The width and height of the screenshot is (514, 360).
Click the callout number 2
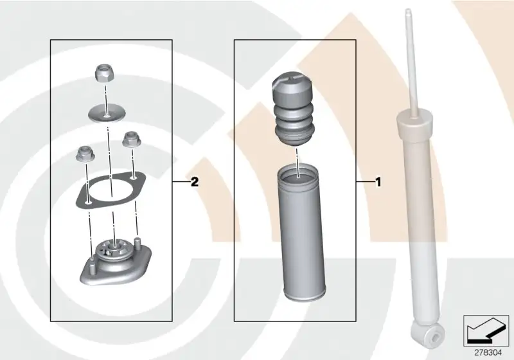195,182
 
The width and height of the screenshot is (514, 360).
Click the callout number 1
378,182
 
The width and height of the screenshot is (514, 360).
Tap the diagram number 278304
488,352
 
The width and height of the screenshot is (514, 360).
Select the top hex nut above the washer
104,74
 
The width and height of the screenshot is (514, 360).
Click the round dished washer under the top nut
107,114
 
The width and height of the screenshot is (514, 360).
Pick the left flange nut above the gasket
85,154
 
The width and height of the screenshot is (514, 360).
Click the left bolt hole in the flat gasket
88,203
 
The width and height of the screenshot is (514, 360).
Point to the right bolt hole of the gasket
133,177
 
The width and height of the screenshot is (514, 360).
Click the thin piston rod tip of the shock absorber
409,14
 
